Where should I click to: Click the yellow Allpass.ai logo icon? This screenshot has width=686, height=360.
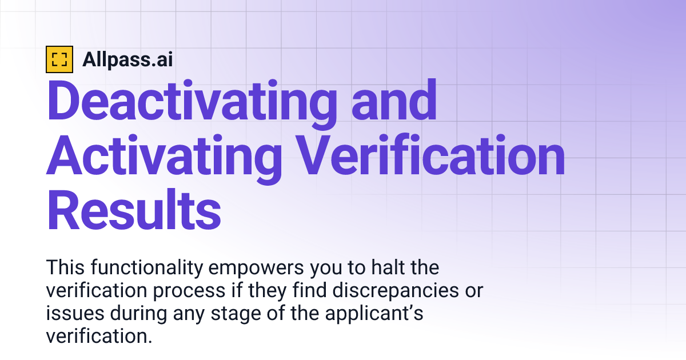point(59,59)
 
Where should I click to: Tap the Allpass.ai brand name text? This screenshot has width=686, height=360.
point(127,59)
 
